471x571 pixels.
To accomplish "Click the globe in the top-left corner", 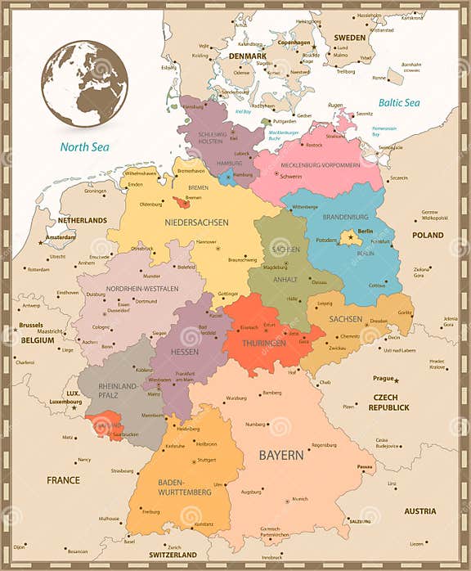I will pos(84,83).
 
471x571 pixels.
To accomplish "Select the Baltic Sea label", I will pos(398,103).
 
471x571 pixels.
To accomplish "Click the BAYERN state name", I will pos(280,454).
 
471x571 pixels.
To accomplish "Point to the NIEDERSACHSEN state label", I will pos(196,223).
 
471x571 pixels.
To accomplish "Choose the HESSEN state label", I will pos(184,351).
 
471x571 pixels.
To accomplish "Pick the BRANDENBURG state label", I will pos(345,218).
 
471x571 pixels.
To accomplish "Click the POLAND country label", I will pos(427,235).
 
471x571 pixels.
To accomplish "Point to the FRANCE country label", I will pos(63,480).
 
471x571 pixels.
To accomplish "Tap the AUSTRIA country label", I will pos(419,511).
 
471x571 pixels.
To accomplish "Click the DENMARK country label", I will pos(247,56).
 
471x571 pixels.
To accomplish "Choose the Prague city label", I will pos(383,379).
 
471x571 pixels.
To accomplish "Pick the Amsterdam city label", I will pos(61,237).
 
